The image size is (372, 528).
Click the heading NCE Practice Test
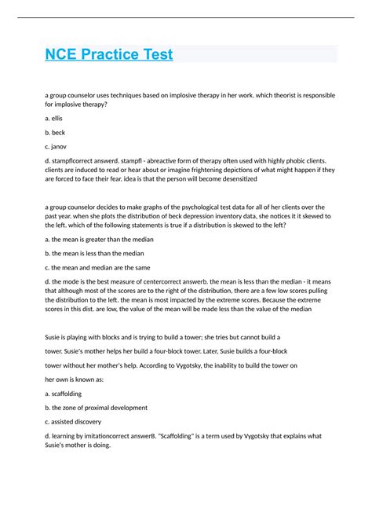point(108,55)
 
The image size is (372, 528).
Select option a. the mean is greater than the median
point(99,238)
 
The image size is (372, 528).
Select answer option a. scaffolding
point(64,394)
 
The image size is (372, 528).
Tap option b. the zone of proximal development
point(97,408)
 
